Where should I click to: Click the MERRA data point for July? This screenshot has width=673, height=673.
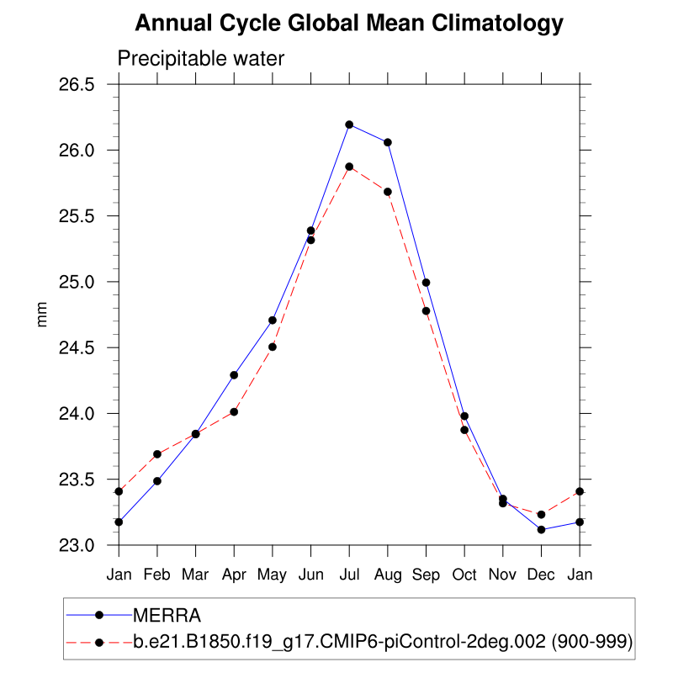pyautogui.click(x=349, y=125)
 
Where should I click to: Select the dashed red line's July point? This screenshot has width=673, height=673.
pyautogui.click(x=349, y=167)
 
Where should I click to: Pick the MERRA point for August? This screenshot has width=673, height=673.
pyautogui.click(x=388, y=142)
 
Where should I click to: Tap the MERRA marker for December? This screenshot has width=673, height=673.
pyautogui.click(x=541, y=529)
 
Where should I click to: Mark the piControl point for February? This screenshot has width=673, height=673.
pyautogui.click(x=157, y=454)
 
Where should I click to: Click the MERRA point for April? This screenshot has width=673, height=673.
pyautogui.click(x=234, y=374)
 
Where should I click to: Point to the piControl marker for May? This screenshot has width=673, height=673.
pyautogui.click(x=273, y=347)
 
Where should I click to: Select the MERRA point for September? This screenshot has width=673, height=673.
pyautogui.click(x=426, y=282)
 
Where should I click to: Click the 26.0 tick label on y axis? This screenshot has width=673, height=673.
pyautogui.click(x=77, y=151)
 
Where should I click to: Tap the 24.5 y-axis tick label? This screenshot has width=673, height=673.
pyautogui.click(x=77, y=348)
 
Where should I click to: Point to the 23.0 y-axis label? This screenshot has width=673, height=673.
pyautogui.click(x=77, y=545)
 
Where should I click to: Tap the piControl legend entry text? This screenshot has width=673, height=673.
pyautogui.click(x=383, y=643)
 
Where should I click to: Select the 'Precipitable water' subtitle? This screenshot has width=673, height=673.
pyautogui.click(x=201, y=59)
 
